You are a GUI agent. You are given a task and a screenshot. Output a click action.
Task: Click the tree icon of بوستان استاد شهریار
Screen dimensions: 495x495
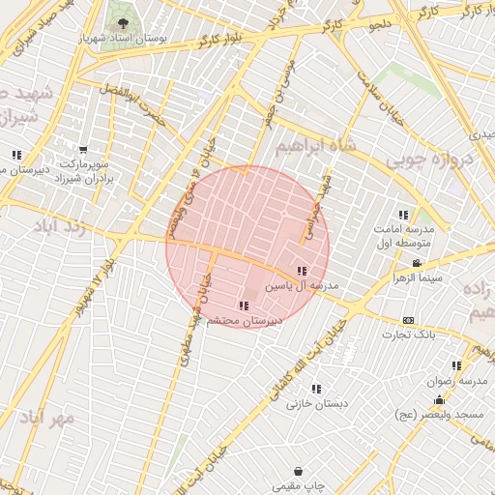(x=123, y=21)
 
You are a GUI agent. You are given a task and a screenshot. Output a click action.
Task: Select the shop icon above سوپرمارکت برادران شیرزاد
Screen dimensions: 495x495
(x=82, y=150)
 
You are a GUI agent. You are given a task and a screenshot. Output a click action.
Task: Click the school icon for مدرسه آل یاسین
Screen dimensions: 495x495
(x=302, y=272)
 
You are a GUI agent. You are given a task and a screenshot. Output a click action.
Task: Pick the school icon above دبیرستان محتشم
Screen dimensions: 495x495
(x=243, y=306)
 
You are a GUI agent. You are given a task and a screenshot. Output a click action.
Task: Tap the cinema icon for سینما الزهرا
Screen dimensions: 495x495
(x=417, y=263)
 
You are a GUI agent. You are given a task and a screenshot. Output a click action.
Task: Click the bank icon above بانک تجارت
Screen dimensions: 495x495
(x=408, y=320)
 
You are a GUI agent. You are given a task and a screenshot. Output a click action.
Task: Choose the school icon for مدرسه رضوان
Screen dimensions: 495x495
(x=456, y=365)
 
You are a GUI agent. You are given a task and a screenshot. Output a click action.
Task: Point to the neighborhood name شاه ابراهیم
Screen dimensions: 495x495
(x=311, y=144)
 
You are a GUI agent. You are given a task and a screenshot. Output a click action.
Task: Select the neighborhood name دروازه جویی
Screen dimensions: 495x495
(x=428, y=160)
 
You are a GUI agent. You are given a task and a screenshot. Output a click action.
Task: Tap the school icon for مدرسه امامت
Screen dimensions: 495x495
(x=403, y=215)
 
